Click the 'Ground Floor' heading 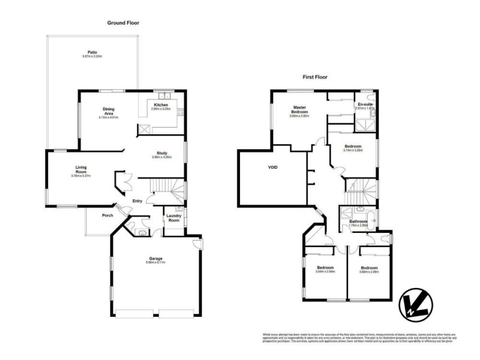tap(124, 23)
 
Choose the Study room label tap(161, 155)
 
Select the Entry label tap(137, 201)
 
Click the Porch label tap(107, 215)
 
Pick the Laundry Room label tap(173, 218)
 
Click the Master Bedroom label tap(299, 110)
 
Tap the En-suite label tap(364, 104)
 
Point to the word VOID tap(273, 167)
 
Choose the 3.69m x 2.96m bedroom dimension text tap(369, 272)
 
